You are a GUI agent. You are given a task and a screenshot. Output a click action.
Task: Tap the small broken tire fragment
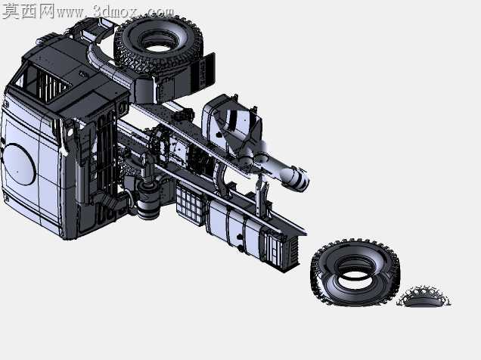point(424,296)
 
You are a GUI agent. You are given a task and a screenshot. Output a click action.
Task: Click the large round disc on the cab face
point(18,164)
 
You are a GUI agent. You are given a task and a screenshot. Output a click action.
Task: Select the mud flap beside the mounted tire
point(203,71)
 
